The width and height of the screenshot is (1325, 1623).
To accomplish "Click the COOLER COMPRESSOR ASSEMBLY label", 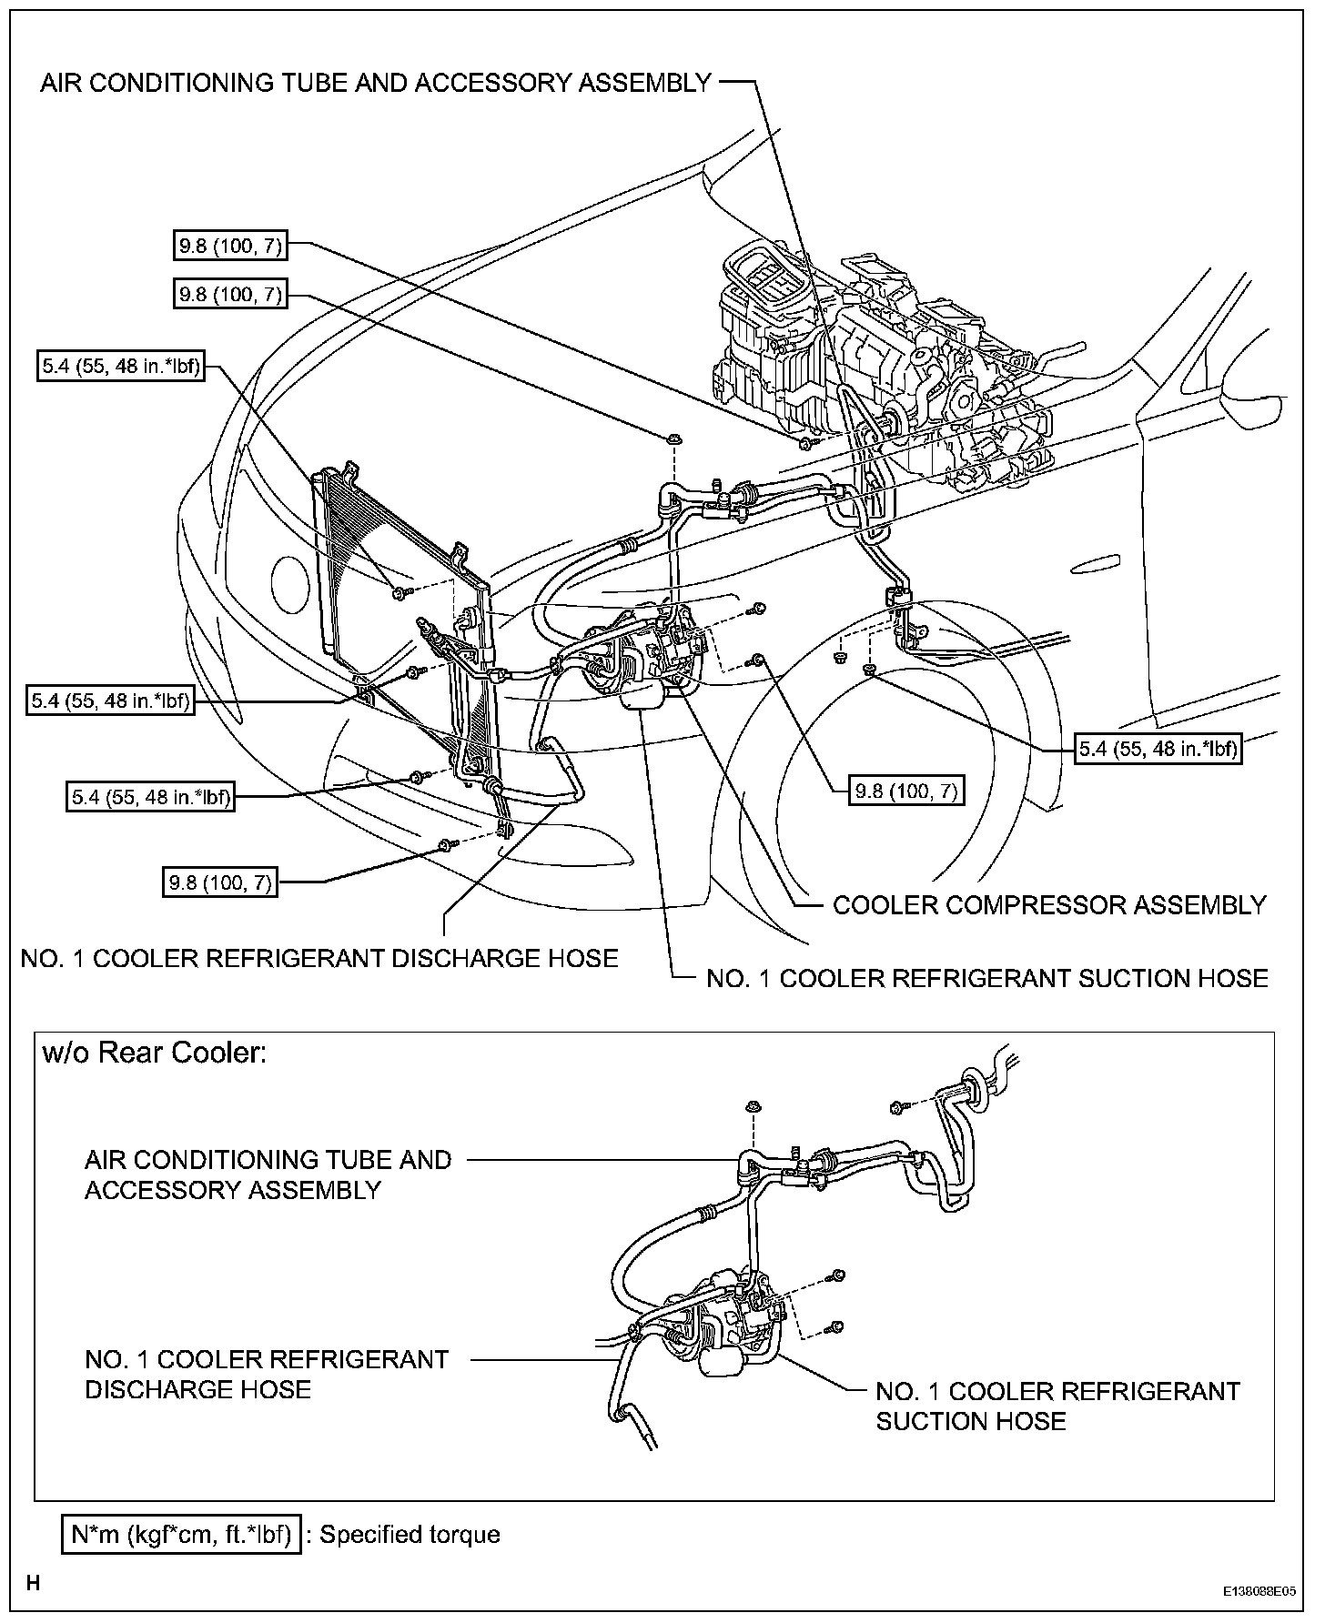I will (x=1049, y=905).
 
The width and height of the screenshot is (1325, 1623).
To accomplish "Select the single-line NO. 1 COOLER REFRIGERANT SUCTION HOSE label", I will (x=986, y=978).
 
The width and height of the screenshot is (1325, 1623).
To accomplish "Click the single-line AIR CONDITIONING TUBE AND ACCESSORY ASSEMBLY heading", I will (x=375, y=83).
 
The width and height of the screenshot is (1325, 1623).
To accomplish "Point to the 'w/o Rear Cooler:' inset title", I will (x=155, y=1053).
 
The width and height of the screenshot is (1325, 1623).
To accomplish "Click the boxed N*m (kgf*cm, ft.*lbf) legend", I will (x=181, y=1535).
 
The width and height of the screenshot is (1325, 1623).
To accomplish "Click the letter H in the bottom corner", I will (x=33, y=1584).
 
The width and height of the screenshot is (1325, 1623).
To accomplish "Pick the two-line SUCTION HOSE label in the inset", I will (x=1057, y=1406).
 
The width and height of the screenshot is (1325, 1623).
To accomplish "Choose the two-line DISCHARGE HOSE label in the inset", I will (x=267, y=1374).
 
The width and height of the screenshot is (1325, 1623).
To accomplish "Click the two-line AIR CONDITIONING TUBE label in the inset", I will (x=268, y=1174).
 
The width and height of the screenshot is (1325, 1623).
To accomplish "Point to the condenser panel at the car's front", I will (x=400, y=628).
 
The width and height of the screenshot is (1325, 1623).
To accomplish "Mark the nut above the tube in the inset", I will (x=753, y=1107).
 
